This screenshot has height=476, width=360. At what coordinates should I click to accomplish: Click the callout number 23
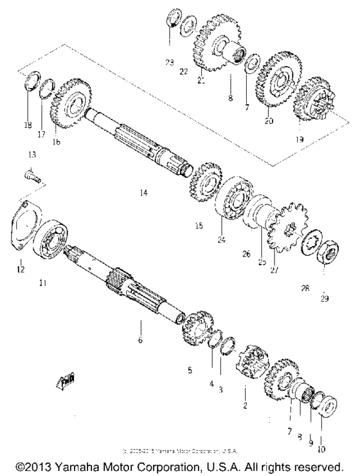[x=169, y=63]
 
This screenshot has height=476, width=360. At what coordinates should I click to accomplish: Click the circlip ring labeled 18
[x=28, y=84]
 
